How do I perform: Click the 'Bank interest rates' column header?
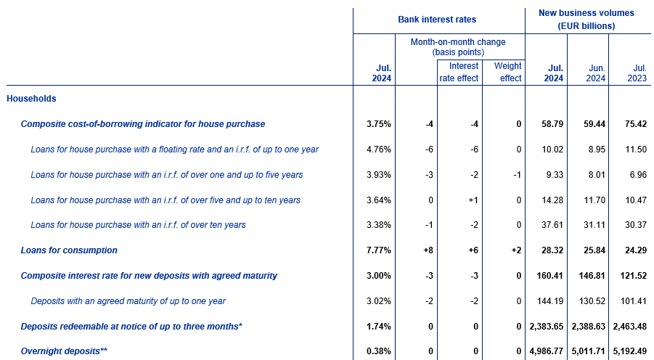click(437, 19)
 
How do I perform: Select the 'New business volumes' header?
click(586, 19)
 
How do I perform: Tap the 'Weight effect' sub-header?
click(507, 72)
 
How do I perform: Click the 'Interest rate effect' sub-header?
click(459, 72)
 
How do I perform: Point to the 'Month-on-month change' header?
click(458, 46)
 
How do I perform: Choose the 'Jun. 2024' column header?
click(596, 73)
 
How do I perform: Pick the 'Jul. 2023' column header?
click(637, 73)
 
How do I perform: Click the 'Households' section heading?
click(31, 99)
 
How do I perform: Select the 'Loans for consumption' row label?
click(69, 250)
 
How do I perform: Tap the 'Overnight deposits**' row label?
click(64, 351)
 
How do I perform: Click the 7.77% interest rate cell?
click(379, 250)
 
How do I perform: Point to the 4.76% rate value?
click(379, 150)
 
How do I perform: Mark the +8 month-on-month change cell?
click(428, 250)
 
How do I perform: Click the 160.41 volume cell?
click(550, 276)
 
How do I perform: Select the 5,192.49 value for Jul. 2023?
click(630, 351)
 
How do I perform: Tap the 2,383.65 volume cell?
click(547, 326)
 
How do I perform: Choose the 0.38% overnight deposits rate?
click(379, 351)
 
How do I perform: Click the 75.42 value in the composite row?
click(636, 124)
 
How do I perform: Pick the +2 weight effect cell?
click(516, 250)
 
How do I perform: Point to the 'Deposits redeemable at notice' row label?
click(131, 326)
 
